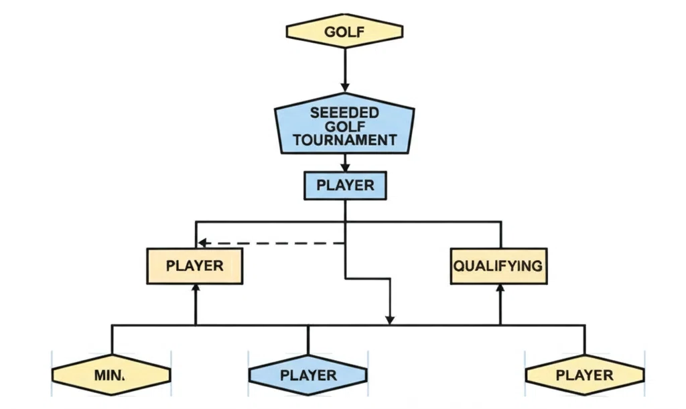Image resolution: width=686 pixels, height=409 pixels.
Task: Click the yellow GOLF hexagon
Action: point(344,32)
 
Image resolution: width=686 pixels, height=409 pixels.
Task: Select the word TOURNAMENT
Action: point(344,140)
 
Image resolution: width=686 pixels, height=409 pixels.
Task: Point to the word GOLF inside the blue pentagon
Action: point(344,126)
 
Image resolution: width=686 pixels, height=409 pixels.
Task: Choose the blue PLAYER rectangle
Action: point(345,185)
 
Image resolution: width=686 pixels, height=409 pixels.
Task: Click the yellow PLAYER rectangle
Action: point(194,266)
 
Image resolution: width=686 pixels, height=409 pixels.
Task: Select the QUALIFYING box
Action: point(498,266)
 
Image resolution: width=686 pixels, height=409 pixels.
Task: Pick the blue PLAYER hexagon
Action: point(307,375)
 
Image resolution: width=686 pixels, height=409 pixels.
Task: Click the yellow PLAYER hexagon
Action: point(584,375)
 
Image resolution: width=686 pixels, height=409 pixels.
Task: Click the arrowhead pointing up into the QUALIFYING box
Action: point(500,289)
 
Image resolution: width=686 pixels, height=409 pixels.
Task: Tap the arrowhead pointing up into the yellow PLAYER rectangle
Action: point(196,289)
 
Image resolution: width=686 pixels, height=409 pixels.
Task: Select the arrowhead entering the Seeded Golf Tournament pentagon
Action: point(345,86)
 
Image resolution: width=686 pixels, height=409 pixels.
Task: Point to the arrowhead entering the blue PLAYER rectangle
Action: point(345,167)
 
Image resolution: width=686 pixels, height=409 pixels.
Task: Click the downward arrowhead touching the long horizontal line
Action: point(391,318)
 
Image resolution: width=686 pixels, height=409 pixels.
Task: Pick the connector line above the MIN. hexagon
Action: point(112,339)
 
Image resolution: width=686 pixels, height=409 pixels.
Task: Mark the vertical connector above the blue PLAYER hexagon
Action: point(308,339)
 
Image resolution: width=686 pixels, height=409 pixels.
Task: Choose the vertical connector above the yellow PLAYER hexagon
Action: point(585,339)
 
